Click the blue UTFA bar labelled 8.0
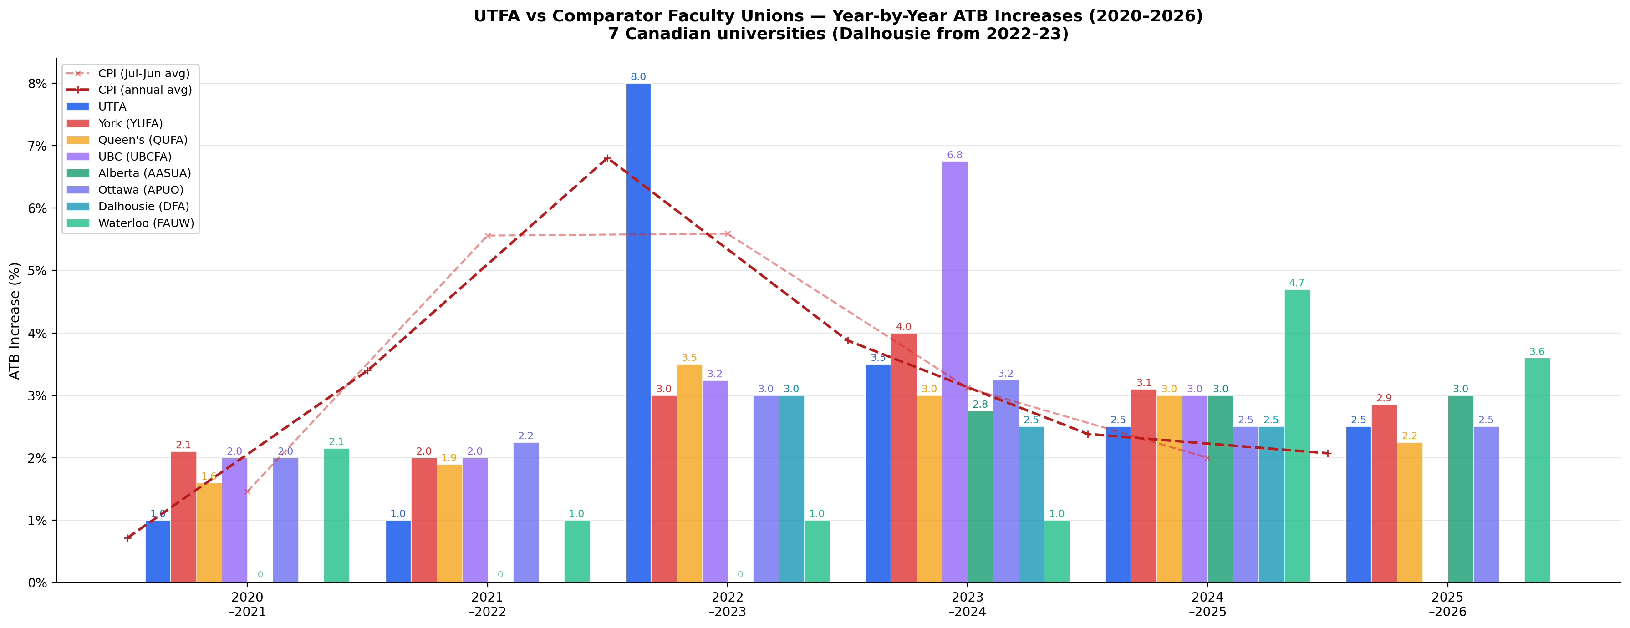point(638,332)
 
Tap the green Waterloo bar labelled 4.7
point(1297,436)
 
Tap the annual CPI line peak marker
point(607,158)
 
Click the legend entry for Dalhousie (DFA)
point(143,206)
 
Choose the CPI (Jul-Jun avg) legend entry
point(143,73)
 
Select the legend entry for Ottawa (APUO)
point(141,190)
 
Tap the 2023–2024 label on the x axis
point(967,604)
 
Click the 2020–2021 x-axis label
point(247,604)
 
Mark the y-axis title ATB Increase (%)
point(15,321)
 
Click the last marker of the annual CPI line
point(1328,453)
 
